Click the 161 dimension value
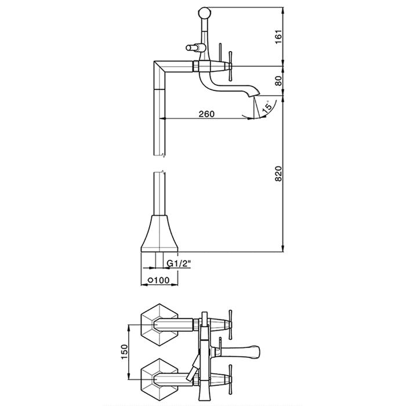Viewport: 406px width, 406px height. point(278,37)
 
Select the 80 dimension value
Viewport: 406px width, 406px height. point(278,81)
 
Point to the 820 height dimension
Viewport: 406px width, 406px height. point(278,174)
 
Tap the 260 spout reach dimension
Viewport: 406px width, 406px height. point(206,114)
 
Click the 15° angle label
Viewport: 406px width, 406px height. point(267,106)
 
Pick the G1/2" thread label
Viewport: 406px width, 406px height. point(179,263)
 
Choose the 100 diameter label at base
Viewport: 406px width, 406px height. point(159,280)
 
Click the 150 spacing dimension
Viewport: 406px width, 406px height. point(125,351)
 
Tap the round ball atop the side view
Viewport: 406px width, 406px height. point(205,12)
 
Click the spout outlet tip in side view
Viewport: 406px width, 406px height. point(253,96)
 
